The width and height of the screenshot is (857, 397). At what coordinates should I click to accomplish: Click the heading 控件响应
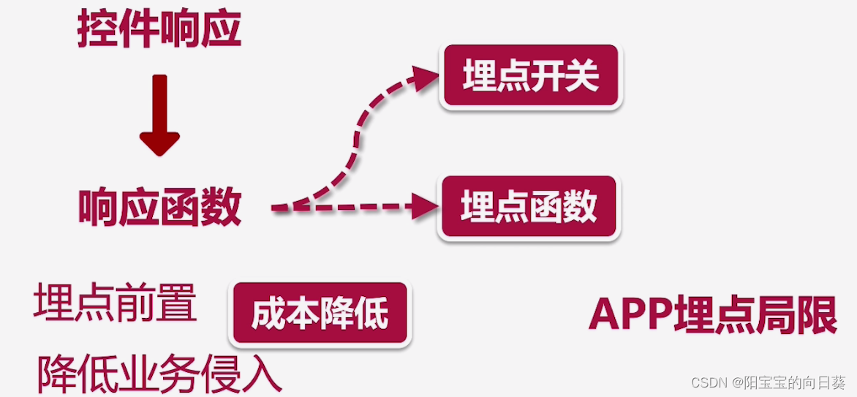(x=159, y=30)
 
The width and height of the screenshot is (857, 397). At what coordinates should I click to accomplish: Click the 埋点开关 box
(x=532, y=77)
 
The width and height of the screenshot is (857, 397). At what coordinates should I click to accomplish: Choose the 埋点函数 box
(x=529, y=208)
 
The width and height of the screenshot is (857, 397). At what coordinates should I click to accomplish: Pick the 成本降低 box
(x=320, y=315)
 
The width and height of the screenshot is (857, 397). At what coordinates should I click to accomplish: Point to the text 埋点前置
(x=115, y=303)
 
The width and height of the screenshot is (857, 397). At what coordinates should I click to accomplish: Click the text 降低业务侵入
(x=159, y=375)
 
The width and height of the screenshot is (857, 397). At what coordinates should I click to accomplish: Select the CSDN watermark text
(x=768, y=382)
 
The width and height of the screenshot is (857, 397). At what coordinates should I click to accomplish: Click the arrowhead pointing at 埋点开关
(x=424, y=77)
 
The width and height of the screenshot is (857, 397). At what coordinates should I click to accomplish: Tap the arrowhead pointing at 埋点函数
(x=424, y=208)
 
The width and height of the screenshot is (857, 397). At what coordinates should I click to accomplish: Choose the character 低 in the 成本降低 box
(x=371, y=315)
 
